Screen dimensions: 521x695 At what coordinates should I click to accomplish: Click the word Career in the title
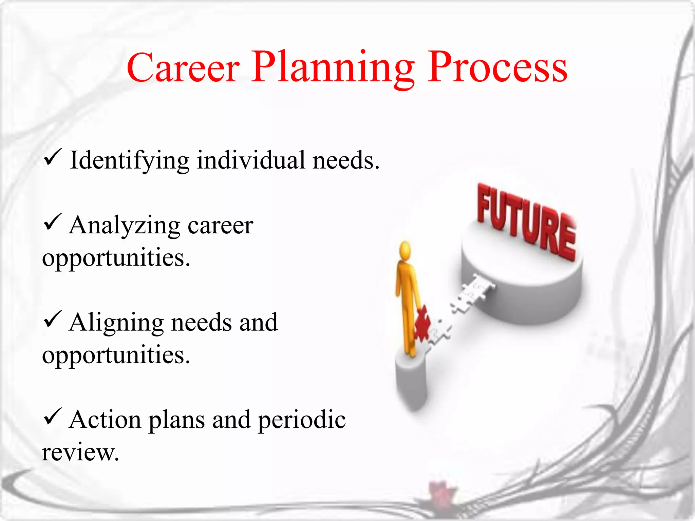point(183,68)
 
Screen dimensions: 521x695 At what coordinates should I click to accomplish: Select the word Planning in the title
point(333,68)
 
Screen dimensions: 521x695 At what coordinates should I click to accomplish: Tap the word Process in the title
point(497,68)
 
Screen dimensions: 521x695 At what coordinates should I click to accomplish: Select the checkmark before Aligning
point(52,320)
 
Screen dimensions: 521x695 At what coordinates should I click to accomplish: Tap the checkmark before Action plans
point(52,417)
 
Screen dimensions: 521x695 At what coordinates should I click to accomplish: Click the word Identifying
point(129,160)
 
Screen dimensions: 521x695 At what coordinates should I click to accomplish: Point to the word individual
point(251,160)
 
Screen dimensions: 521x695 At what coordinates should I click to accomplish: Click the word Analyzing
point(124,226)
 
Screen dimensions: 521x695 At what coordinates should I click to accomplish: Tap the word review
point(80,453)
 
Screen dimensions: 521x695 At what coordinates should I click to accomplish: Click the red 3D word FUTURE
point(526,222)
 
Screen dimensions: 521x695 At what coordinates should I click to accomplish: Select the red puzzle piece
point(422,324)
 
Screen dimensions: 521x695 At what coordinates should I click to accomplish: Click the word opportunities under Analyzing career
point(116,258)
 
